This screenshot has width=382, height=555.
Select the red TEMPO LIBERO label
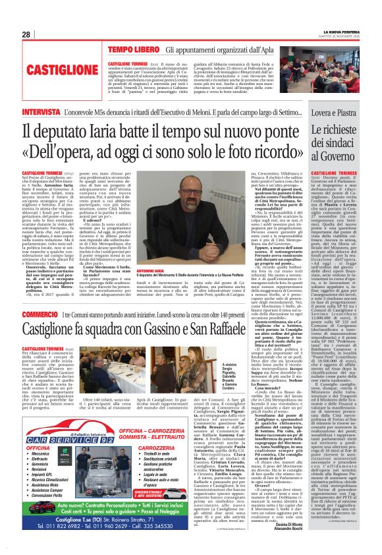(x=135, y=50)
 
